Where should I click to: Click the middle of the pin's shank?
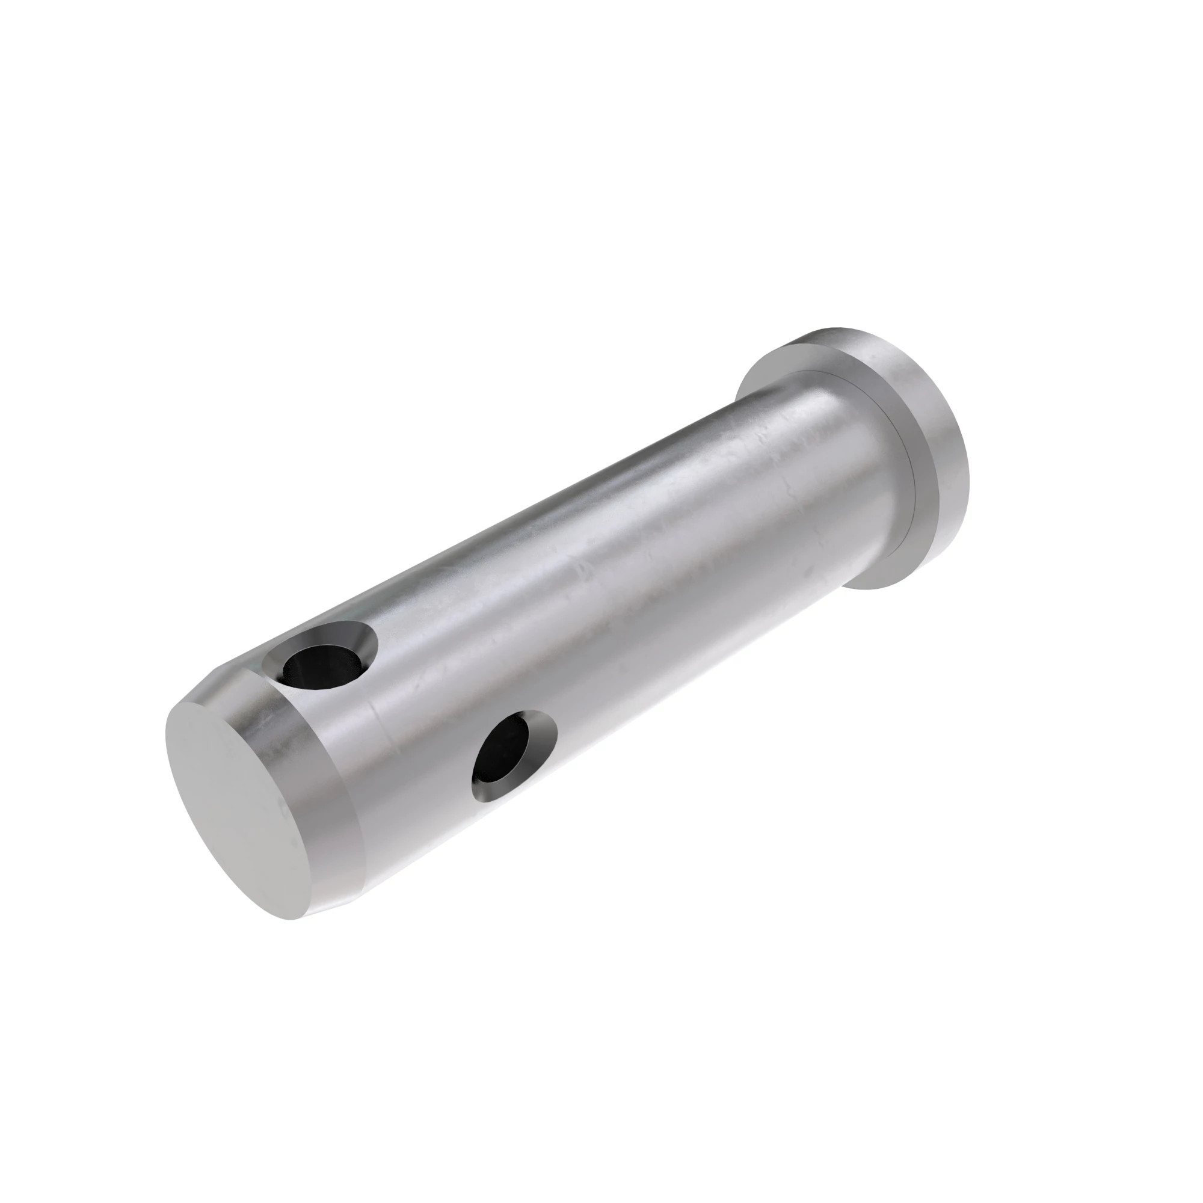(623, 561)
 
